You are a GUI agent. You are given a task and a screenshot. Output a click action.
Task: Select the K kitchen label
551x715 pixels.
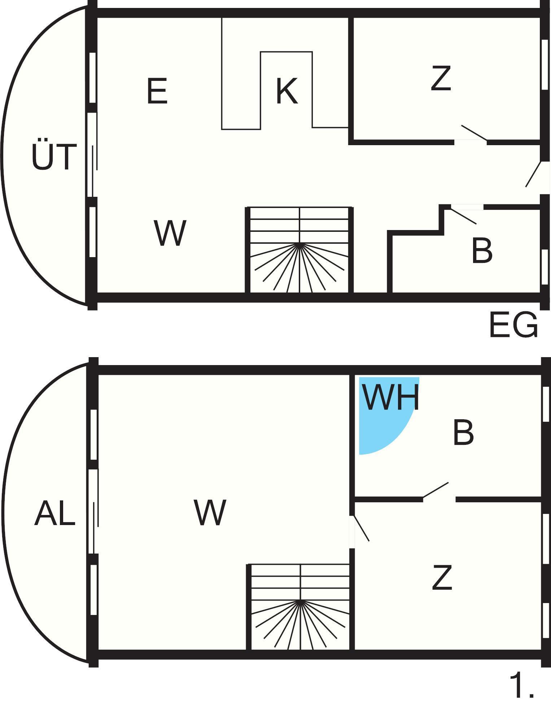click(x=287, y=91)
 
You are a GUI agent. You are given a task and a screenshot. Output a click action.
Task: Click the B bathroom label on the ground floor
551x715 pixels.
click(x=482, y=250)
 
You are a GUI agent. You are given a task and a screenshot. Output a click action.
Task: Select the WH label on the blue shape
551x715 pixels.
click(x=391, y=398)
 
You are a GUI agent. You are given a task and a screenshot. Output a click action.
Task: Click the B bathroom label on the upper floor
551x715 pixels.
click(x=463, y=433)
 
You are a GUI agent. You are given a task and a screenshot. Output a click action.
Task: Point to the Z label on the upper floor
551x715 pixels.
click(x=442, y=578)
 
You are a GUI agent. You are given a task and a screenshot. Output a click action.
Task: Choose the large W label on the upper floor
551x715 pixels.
click(x=210, y=512)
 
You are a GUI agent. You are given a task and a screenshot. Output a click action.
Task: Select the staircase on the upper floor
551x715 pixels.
click(x=299, y=607)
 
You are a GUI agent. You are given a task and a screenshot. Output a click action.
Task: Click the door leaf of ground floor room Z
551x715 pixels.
click(x=474, y=133)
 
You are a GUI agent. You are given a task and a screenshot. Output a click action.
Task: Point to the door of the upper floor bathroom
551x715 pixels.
click(x=436, y=490)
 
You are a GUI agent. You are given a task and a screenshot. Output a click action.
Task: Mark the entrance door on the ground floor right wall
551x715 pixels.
click(x=534, y=174)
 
